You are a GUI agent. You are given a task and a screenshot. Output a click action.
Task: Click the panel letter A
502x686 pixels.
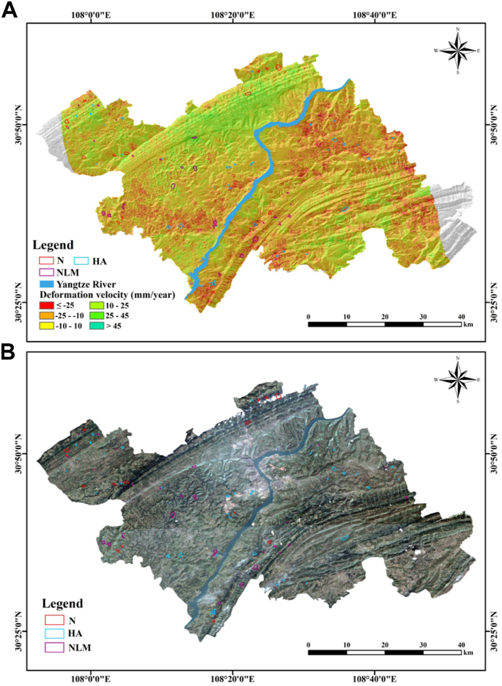(x=9, y=10)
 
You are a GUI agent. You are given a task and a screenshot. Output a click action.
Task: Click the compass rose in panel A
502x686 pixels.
(x=458, y=50)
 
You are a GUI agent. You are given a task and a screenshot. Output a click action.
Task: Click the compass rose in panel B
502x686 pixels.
(x=458, y=380)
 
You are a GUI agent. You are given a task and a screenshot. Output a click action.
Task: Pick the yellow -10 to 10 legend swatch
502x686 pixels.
(x=47, y=326)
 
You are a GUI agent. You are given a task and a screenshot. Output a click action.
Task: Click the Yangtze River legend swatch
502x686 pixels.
(x=47, y=283)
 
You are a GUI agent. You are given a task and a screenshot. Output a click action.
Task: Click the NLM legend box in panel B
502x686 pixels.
(x=52, y=646)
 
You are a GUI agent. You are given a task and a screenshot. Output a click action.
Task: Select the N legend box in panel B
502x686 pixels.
(x=52, y=618)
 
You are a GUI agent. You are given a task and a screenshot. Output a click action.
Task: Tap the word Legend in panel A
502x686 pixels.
(x=52, y=245)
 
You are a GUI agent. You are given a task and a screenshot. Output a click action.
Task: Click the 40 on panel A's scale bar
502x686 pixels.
(x=461, y=316)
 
